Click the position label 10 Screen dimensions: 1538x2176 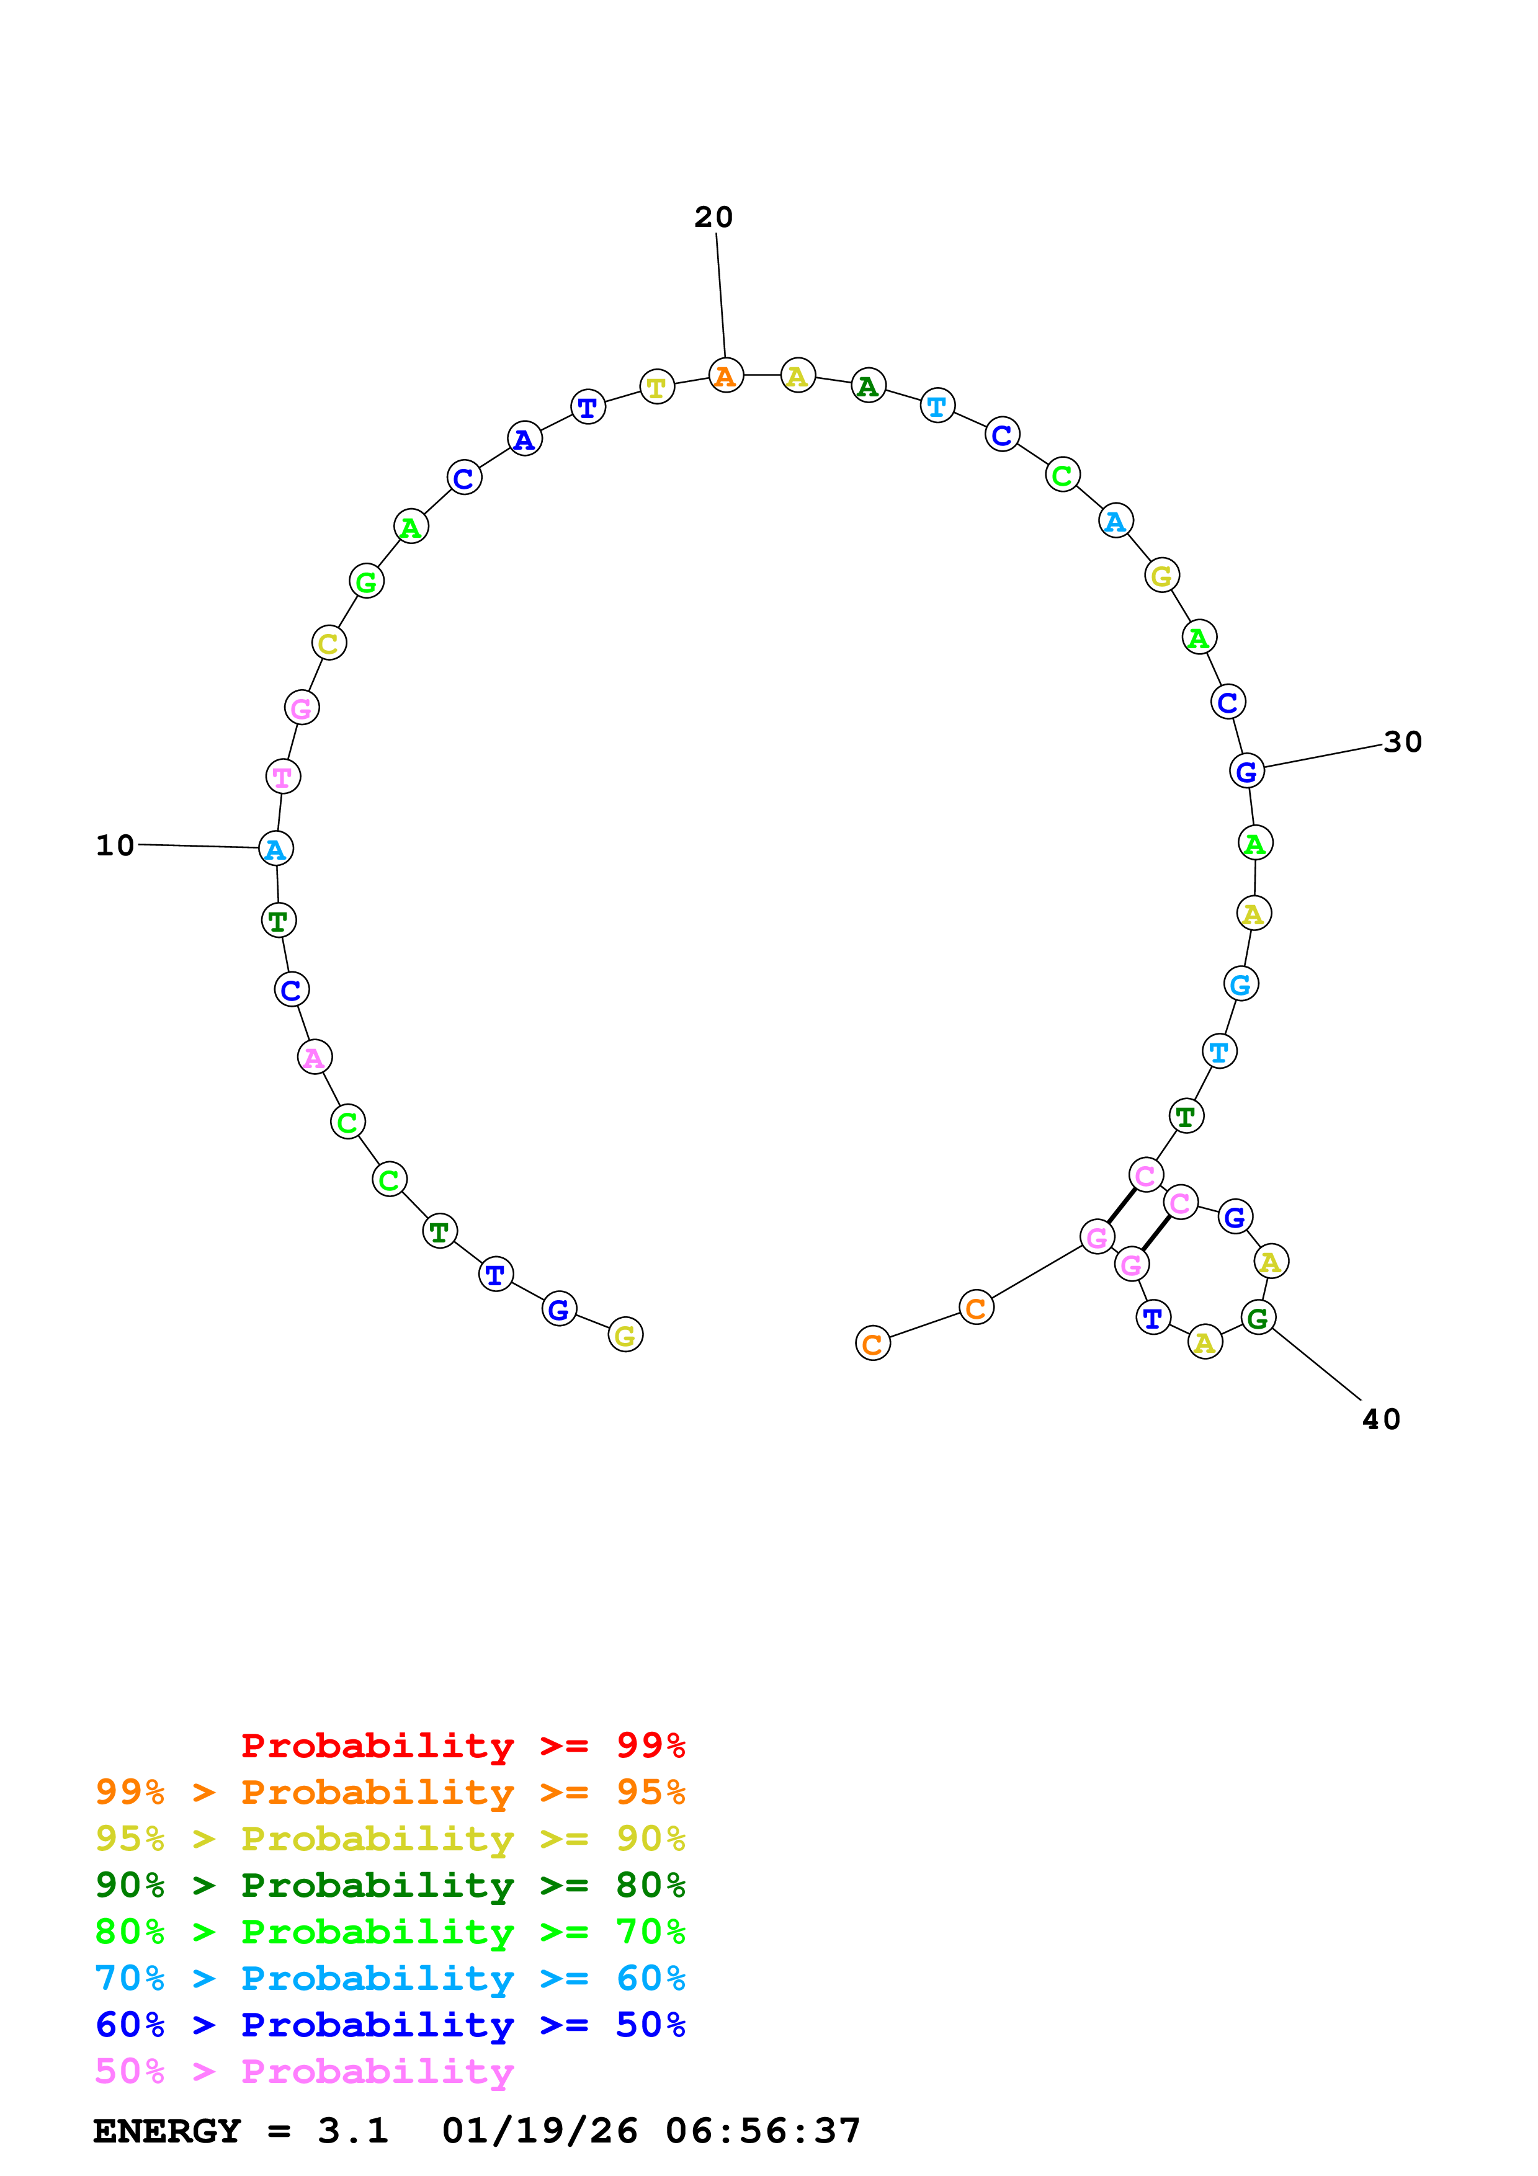[x=115, y=845]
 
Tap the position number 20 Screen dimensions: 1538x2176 [x=713, y=217]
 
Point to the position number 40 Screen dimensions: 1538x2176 [x=1380, y=1419]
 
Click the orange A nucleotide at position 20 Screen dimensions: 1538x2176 [x=726, y=377]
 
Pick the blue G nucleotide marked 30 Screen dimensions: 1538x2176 [x=1246, y=772]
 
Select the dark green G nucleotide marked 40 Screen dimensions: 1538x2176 [x=1258, y=1318]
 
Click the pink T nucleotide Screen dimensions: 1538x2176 [x=282, y=777]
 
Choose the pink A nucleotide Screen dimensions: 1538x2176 [x=315, y=1058]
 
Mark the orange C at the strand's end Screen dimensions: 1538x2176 [x=873, y=1344]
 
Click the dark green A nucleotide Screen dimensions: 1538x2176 [x=868, y=386]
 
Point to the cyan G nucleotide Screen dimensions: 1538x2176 [x=1240, y=984]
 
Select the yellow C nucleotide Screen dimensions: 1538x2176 [x=329, y=643]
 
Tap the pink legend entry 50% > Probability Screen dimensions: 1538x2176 [x=304, y=2072]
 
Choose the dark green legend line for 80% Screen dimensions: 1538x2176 [x=390, y=1885]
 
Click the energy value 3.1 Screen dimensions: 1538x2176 [x=352, y=2131]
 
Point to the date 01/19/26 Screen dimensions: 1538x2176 [x=539, y=2131]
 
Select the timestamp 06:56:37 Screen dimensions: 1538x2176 [x=763, y=2131]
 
